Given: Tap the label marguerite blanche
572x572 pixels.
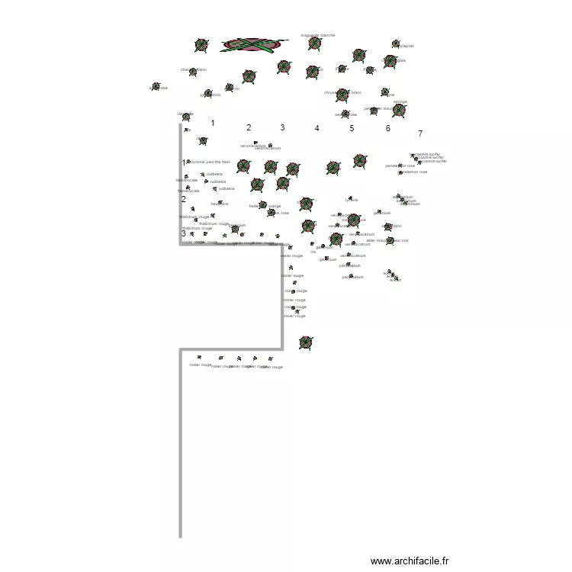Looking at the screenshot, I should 318,35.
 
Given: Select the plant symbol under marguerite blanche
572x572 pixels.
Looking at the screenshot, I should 314,43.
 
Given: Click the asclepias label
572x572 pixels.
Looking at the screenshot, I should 403,46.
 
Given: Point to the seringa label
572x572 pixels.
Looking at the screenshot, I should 400,101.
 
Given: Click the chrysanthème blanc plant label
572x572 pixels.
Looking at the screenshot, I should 342,92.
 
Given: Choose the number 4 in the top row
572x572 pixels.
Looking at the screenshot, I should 317,128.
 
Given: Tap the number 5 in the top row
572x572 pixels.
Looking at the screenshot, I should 352,128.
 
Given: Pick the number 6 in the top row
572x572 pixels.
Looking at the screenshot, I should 387,128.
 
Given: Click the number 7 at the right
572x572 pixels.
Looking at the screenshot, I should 420,133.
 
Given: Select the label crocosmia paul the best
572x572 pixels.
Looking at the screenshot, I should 208,162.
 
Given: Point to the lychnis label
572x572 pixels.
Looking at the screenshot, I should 352,201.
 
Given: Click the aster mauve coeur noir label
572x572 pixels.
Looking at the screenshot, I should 387,240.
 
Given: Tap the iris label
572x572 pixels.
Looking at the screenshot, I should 313,252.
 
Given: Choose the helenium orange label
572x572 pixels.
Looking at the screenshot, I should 265,206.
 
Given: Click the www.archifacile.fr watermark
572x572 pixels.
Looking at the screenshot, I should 410,561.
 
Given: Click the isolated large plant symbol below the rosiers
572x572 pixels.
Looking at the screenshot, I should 305,342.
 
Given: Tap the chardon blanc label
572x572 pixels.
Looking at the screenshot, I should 194,69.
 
